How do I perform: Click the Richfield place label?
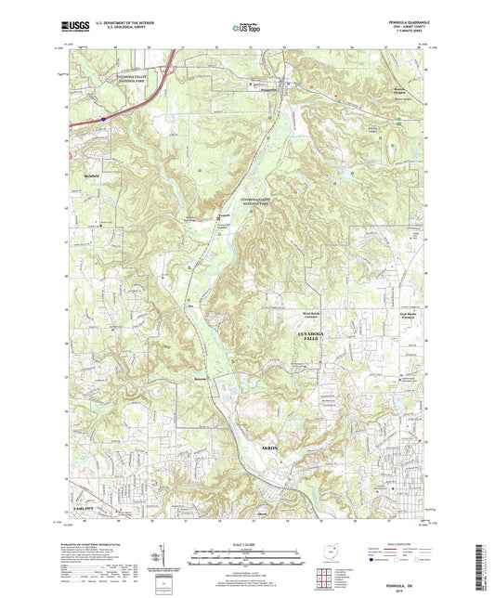[x=90, y=175]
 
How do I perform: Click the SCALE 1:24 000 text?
[x=247, y=541]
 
